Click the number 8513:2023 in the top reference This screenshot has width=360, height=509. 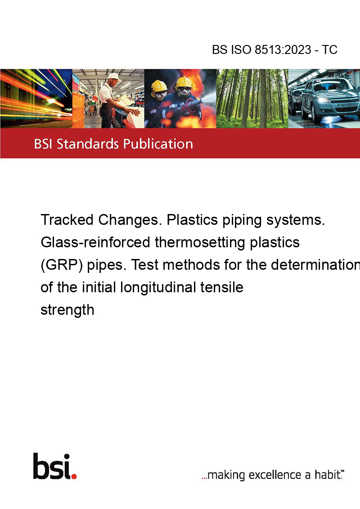pos(283,49)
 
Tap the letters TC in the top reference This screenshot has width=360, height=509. pos(329,49)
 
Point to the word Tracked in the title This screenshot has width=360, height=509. pos(67,220)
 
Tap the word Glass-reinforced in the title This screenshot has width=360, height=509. pos(95,242)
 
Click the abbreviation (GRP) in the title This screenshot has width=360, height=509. pos(62,265)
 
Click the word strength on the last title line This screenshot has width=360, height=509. pos(67,310)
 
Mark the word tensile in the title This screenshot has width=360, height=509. pos(221,287)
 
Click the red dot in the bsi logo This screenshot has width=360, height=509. pos(74,476)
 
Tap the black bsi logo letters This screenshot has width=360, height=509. pos(52,466)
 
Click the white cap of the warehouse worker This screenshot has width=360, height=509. pos(113,76)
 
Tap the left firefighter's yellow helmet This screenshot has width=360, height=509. pos(159,86)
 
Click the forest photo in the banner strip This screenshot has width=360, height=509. pos(252,98)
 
